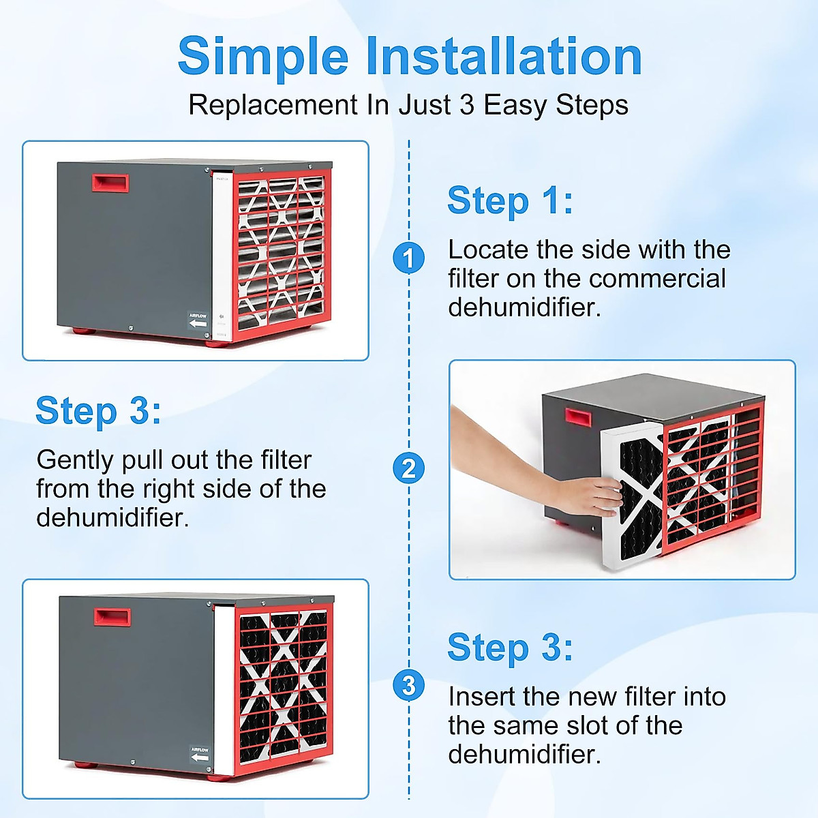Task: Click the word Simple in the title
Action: [263, 57]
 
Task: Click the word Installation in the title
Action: [504, 56]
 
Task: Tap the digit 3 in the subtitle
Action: [466, 104]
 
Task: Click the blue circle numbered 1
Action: [408, 258]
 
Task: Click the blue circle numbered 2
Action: [408, 468]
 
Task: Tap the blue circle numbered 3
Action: [408, 685]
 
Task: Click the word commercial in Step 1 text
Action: [657, 279]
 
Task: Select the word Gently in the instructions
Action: [75, 461]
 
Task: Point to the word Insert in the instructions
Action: [482, 697]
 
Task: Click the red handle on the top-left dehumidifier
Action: [110, 183]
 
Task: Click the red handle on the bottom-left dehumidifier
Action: [112, 617]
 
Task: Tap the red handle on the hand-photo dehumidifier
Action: [578, 417]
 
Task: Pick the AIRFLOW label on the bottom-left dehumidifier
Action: [200, 754]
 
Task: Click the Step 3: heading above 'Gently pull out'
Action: [98, 411]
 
